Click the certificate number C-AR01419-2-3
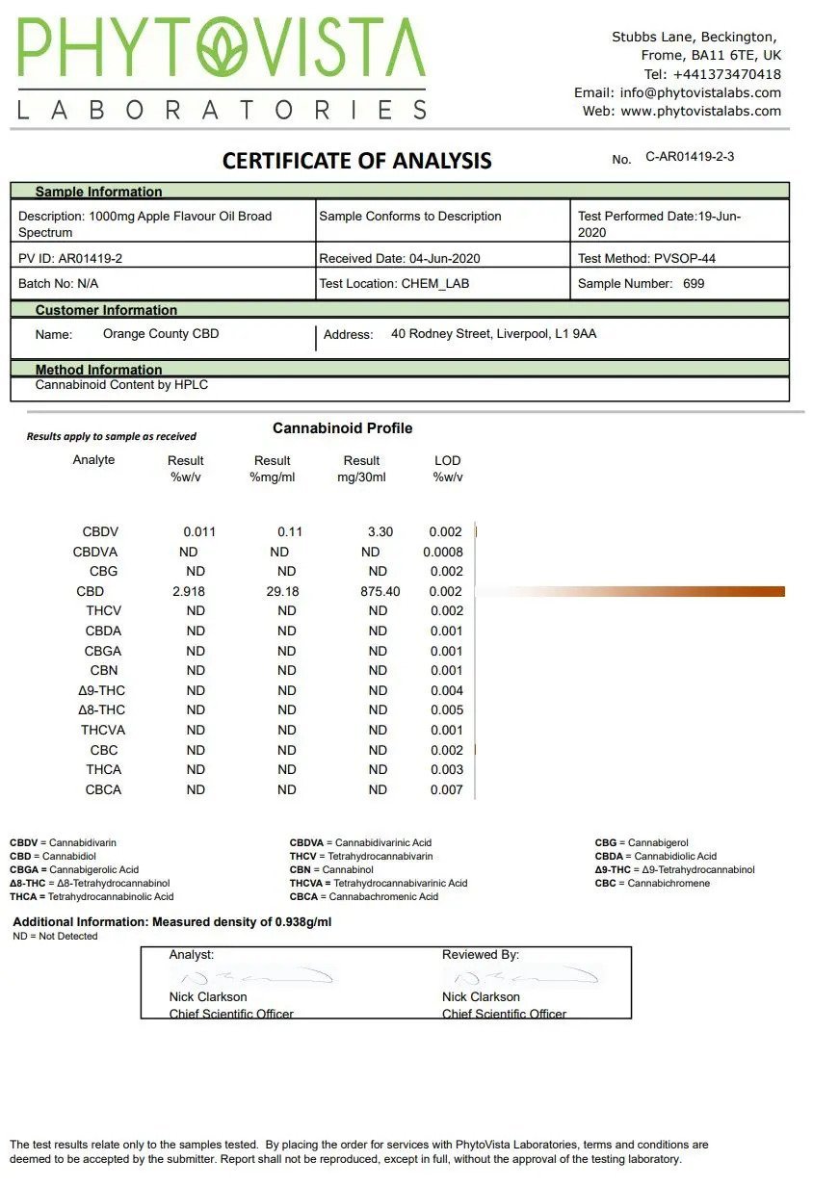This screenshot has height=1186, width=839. (690, 156)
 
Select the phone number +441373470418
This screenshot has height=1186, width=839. (727, 74)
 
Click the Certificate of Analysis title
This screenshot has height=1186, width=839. (356, 161)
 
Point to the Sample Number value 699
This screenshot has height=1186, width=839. (694, 283)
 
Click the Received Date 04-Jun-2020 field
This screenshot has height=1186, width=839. (400, 258)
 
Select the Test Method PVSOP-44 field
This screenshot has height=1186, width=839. (646, 258)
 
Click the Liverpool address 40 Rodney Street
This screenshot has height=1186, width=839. (493, 334)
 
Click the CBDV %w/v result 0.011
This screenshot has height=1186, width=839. (199, 531)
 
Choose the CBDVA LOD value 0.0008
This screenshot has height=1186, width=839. (443, 552)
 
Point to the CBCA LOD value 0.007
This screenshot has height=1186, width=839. (446, 789)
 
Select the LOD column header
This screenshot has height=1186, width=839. (448, 460)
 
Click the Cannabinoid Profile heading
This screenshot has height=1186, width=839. (342, 428)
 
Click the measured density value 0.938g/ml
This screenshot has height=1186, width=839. (300, 921)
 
